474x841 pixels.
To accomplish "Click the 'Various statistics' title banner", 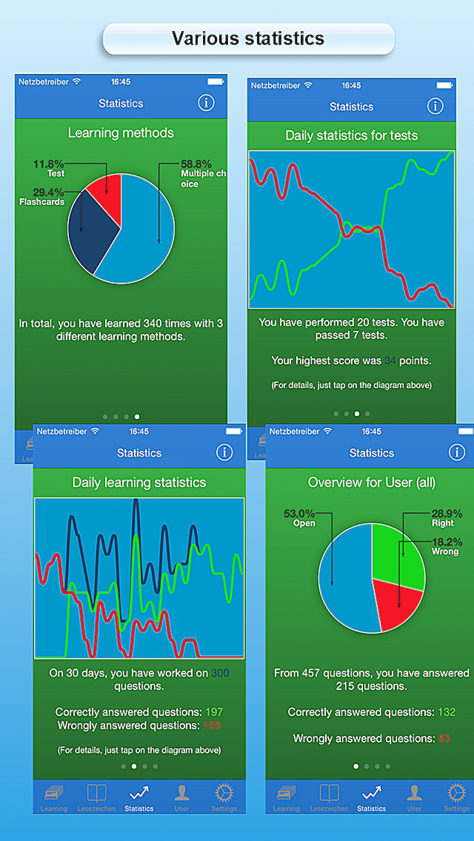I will (248, 38).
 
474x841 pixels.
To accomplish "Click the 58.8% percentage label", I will (196, 164).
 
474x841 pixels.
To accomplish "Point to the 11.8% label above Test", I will (49, 164).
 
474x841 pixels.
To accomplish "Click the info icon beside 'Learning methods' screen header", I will (206, 103).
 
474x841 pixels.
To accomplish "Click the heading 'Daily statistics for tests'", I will (352, 135).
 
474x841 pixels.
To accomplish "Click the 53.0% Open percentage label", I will (299, 513).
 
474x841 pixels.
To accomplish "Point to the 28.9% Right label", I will (447, 513).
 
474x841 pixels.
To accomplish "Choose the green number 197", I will (214, 711).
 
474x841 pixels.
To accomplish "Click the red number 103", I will (213, 726).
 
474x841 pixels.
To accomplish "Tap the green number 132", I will (446, 711).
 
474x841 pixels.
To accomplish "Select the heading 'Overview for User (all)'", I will (372, 482).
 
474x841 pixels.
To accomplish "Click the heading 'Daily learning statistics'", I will (139, 482).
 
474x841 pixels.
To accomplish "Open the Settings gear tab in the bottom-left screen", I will (224, 796).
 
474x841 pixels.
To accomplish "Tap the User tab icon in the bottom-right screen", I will (414, 796).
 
